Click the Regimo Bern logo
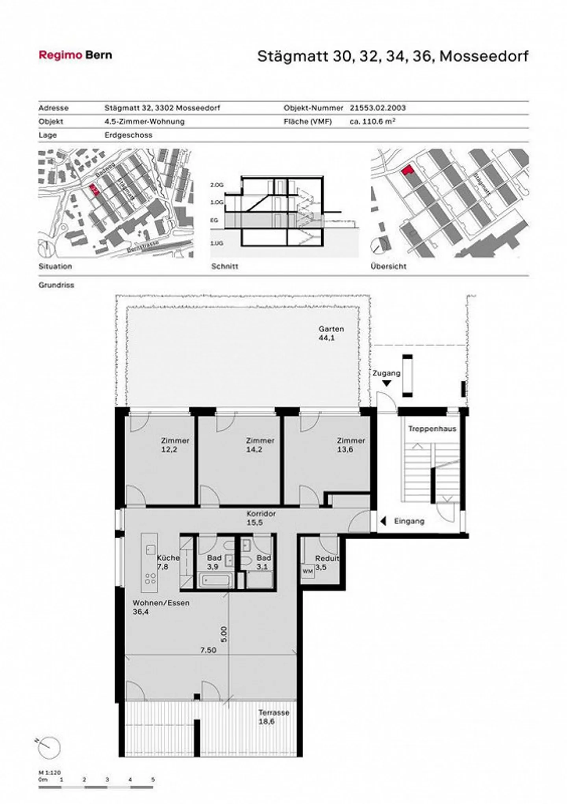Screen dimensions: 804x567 click(x=75, y=55)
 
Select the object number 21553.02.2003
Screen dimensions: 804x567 click(x=378, y=107)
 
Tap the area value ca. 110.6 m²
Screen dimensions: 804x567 click(x=372, y=121)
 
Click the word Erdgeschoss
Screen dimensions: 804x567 click(x=128, y=135)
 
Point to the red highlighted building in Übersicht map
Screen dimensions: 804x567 click(x=408, y=170)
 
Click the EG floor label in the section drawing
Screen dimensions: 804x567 click(x=214, y=220)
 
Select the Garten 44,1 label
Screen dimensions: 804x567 click(x=331, y=333)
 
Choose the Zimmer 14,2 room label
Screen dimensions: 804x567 click(x=260, y=445)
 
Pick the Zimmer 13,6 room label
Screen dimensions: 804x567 click(x=350, y=445)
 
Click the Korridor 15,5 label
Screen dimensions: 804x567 click(x=261, y=518)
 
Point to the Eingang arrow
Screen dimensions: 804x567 click(x=383, y=521)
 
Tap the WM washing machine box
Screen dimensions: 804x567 click(x=308, y=571)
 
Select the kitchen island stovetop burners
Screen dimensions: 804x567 click(x=150, y=578)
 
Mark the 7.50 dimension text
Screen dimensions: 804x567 click(x=208, y=650)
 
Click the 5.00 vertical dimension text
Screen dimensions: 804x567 click(x=224, y=634)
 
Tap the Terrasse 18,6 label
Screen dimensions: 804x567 click(x=274, y=717)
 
